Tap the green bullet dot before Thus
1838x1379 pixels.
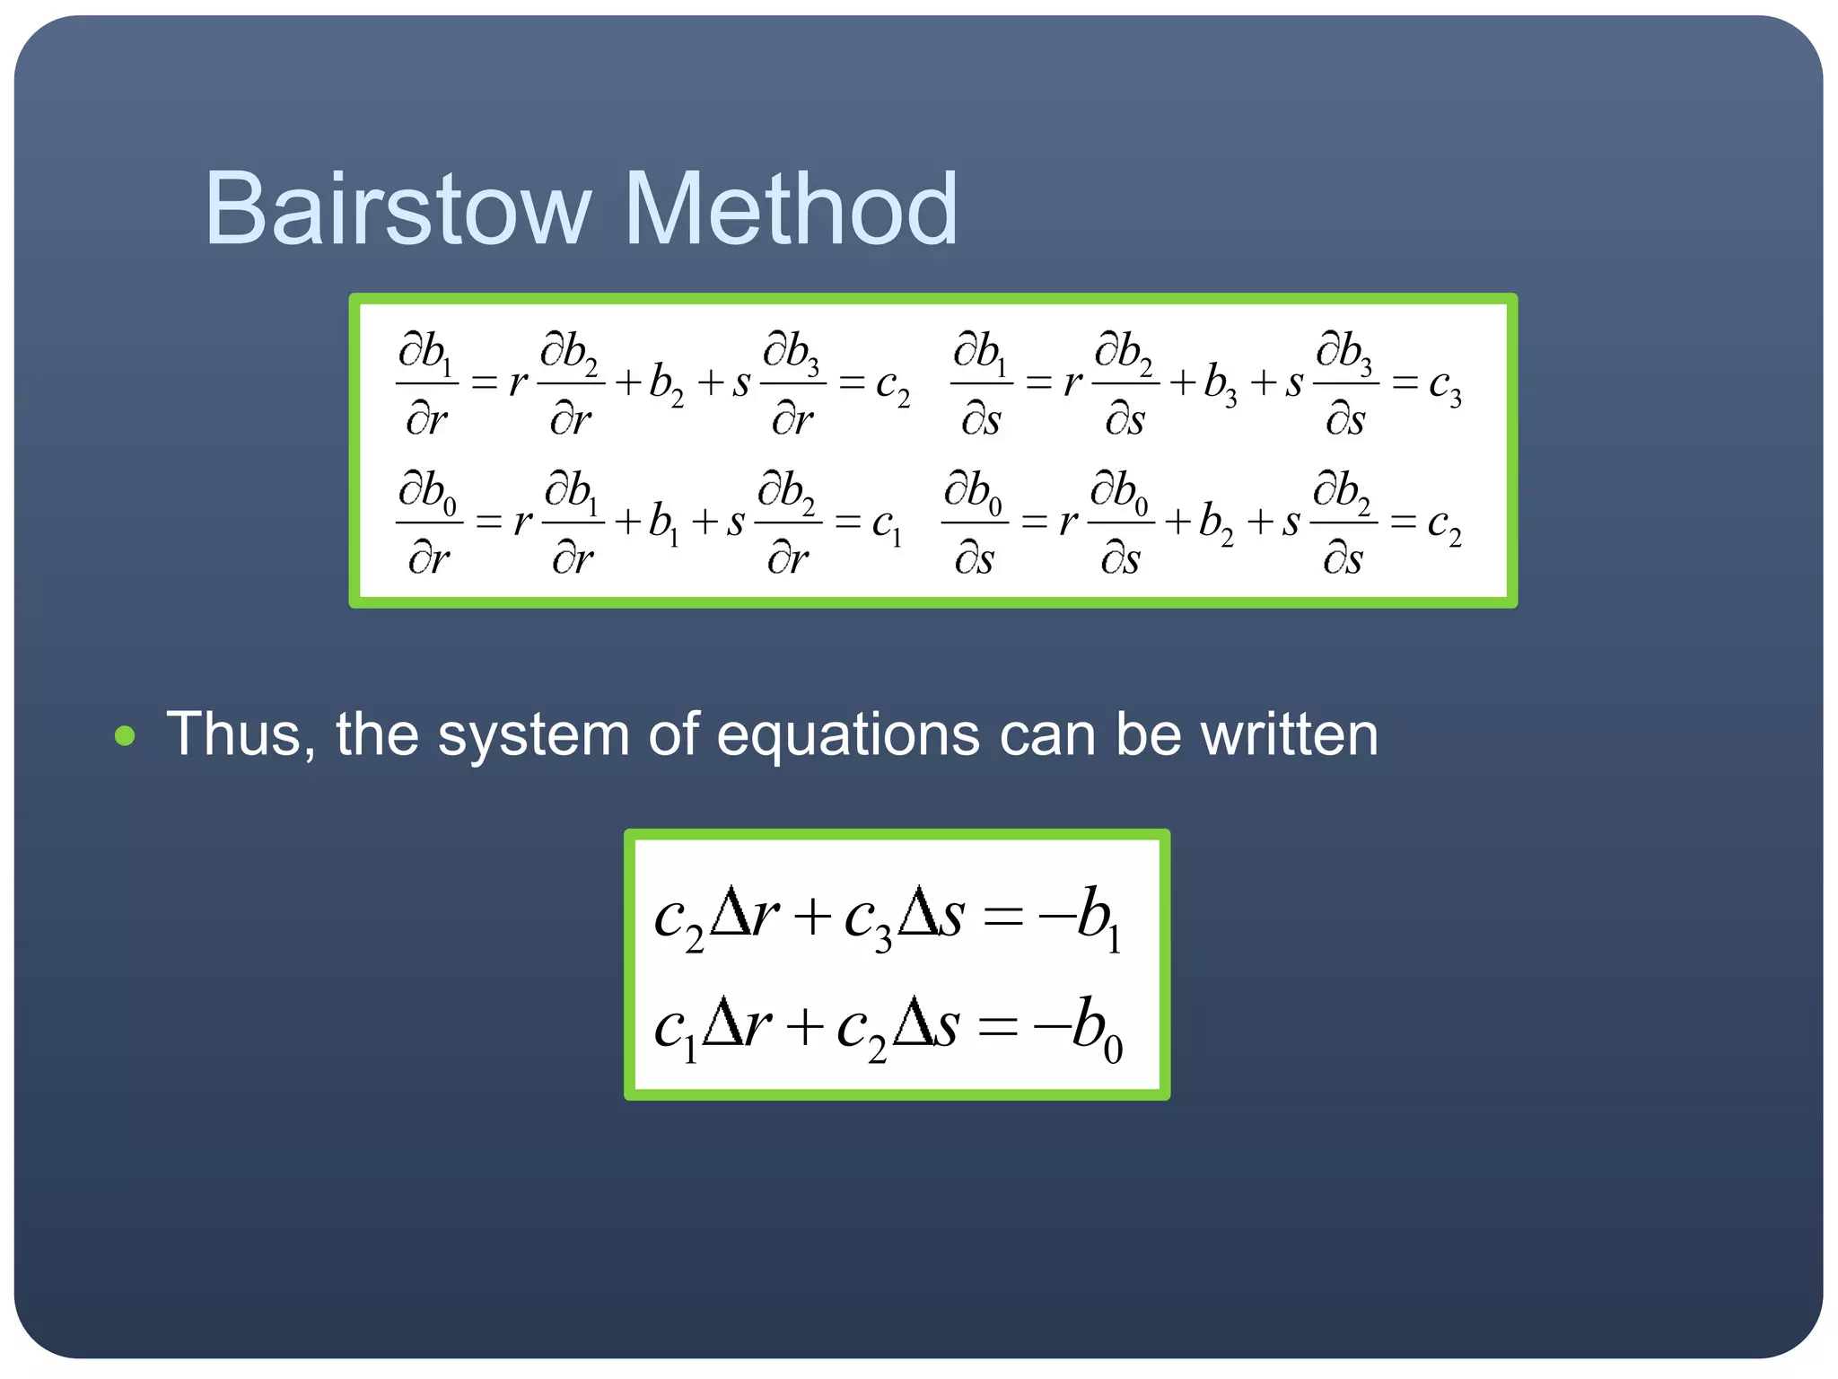[126, 736]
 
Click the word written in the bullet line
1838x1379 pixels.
[1289, 734]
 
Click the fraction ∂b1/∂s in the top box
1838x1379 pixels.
[981, 383]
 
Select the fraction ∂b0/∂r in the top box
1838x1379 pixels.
[428, 522]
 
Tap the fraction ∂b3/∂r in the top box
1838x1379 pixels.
[792, 383]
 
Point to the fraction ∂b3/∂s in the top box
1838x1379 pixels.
[1345, 383]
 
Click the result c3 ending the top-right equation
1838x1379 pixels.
[1444, 386]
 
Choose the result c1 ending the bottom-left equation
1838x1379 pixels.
[887, 525]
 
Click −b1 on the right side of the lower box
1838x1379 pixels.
[1081, 918]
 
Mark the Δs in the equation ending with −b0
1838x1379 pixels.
[927, 1026]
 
